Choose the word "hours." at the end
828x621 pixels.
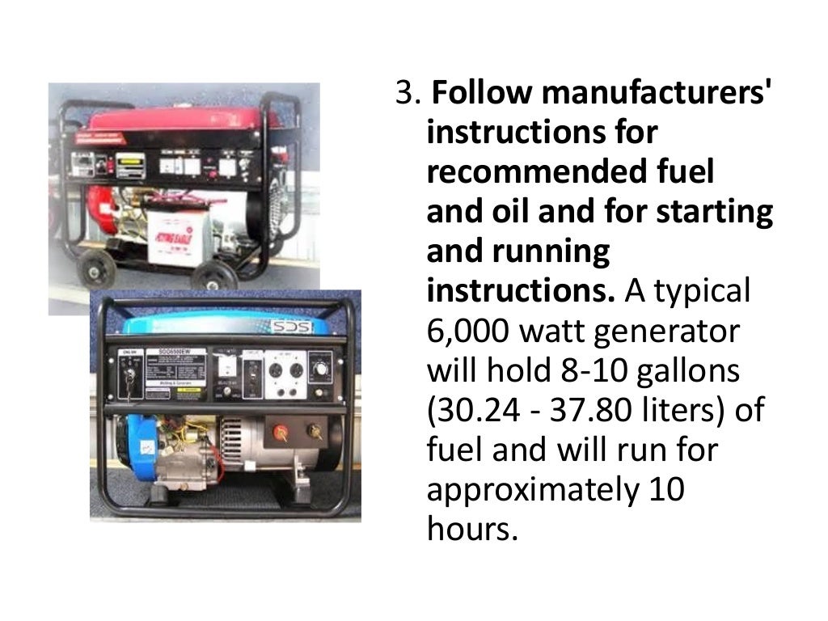point(471,530)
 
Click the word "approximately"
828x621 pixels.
point(529,491)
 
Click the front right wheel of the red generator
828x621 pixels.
point(215,276)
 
